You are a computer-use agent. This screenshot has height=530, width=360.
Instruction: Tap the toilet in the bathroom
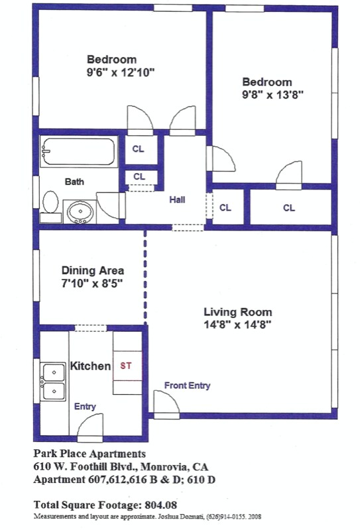coord(50,203)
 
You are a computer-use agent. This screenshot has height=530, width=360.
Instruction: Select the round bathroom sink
coord(81,211)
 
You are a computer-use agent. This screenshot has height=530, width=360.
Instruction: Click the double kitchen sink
coord(54,382)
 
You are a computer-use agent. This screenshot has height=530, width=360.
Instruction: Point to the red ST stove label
coord(125,365)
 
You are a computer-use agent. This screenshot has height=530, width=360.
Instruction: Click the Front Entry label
coord(186,385)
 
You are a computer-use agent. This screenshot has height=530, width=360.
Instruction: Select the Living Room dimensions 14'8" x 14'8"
coord(237,325)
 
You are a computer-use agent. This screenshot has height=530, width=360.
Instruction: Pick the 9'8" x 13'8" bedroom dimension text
coord(272,94)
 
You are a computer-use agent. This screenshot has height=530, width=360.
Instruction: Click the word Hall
coord(177,199)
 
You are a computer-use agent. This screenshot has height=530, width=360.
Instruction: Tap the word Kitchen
coord(90,366)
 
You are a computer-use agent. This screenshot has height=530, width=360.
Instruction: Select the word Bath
coord(74,181)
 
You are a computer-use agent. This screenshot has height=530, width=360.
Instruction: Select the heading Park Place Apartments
coord(89,454)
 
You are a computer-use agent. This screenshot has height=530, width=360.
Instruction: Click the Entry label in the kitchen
coord(85,407)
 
